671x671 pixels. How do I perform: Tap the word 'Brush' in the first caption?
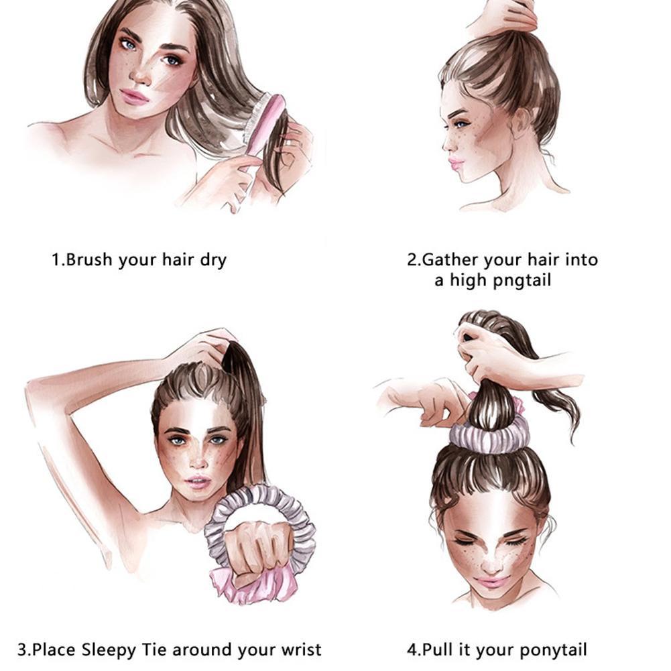(x=89, y=259)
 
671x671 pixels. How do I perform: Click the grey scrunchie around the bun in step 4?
(x=489, y=433)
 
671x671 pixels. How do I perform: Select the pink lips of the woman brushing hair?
(x=134, y=97)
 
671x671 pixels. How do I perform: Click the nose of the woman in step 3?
(x=198, y=460)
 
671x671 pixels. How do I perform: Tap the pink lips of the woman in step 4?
(x=491, y=582)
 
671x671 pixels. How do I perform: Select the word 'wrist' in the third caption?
(x=301, y=650)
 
